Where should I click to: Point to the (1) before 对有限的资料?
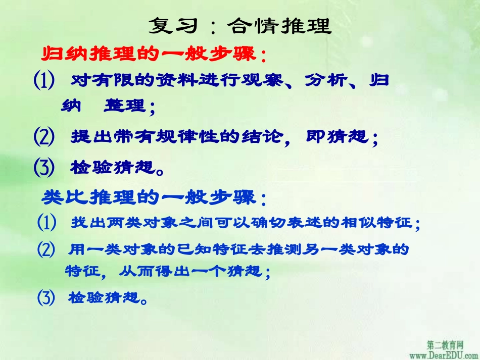point(44,81)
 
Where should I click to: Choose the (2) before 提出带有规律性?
point(44,137)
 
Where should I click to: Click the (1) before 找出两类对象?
point(47,223)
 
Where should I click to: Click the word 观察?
point(272,80)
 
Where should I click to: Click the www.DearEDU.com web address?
point(444,354)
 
